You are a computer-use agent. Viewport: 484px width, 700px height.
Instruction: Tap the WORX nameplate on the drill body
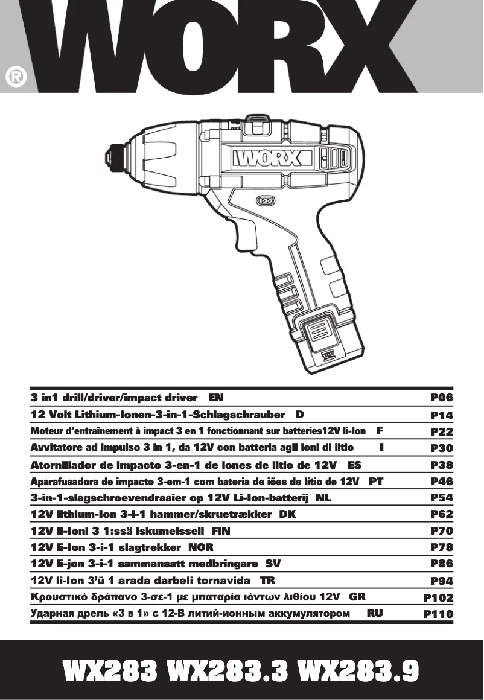(x=266, y=158)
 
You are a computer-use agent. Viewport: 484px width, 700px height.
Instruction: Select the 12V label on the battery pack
(x=328, y=355)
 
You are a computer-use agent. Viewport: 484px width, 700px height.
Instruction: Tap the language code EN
(x=216, y=398)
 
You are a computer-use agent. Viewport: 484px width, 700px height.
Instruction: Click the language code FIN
(x=220, y=531)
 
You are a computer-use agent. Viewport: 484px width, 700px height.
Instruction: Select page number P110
(x=438, y=614)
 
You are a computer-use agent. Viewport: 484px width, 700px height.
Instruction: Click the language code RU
(x=374, y=613)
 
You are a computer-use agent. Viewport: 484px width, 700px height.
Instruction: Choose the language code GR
(x=357, y=597)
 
